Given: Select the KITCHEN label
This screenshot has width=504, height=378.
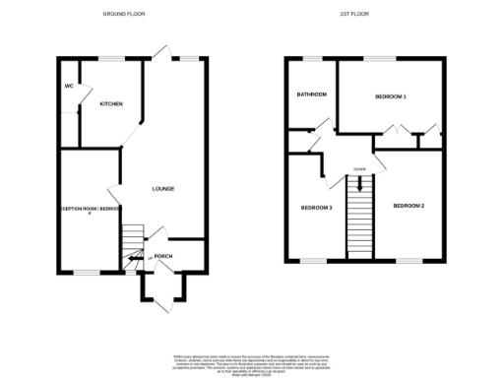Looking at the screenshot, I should pyautogui.click(x=110, y=103).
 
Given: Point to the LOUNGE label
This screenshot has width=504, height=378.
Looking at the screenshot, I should pyautogui.click(x=162, y=189).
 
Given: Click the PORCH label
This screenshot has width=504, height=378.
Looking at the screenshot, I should pyautogui.click(x=163, y=256).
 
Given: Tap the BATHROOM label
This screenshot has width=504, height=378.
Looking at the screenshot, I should pyautogui.click(x=312, y=94).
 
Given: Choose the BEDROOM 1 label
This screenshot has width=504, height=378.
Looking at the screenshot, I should pyautogui.click(x=391, y=96).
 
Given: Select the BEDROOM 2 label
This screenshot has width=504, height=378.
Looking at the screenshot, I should pyautogui.click(x=408, y=205).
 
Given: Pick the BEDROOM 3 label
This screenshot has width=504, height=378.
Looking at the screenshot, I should pyautogui.click(x=316, y=207).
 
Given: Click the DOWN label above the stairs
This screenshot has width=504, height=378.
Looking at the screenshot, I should pyautogui.click(x=361, y=169).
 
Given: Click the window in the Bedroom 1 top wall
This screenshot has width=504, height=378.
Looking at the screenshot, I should pyautogui.click(x=383, y=58).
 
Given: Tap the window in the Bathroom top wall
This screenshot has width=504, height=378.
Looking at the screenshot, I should pyautogui.click(x=310, y=58).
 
